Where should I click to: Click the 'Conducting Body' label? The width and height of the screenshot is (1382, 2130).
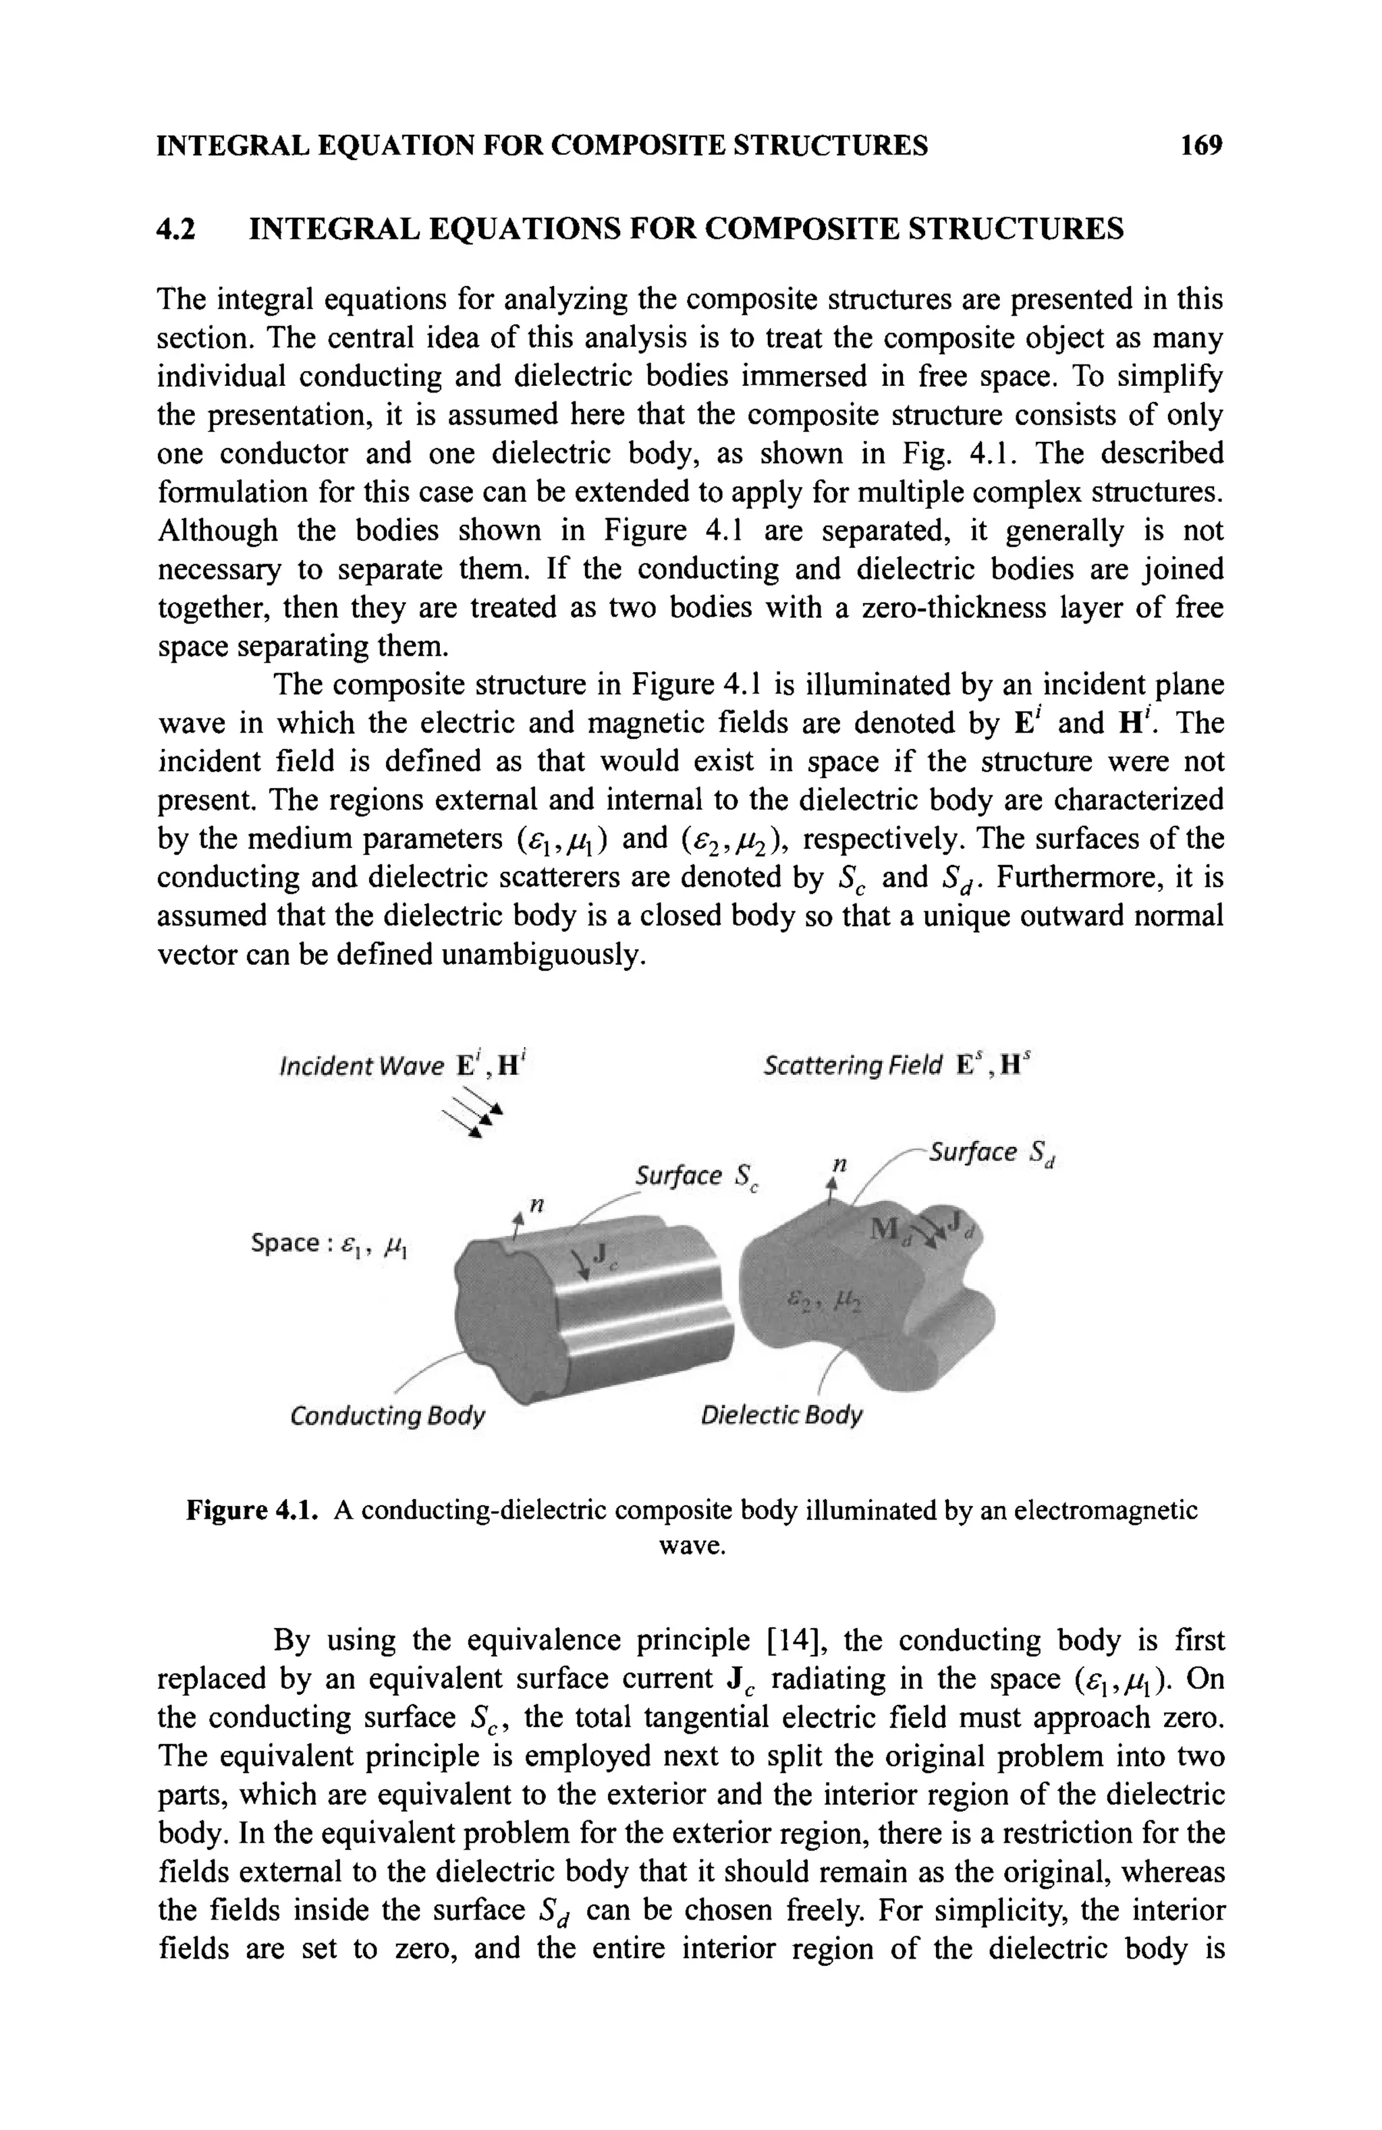[387, 1416]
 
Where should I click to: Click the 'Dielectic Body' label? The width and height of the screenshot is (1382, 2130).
[781, 1416]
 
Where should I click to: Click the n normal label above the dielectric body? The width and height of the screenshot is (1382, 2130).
[839, 1165]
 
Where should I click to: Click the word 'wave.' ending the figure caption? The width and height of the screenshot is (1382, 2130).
[691, 1546]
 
